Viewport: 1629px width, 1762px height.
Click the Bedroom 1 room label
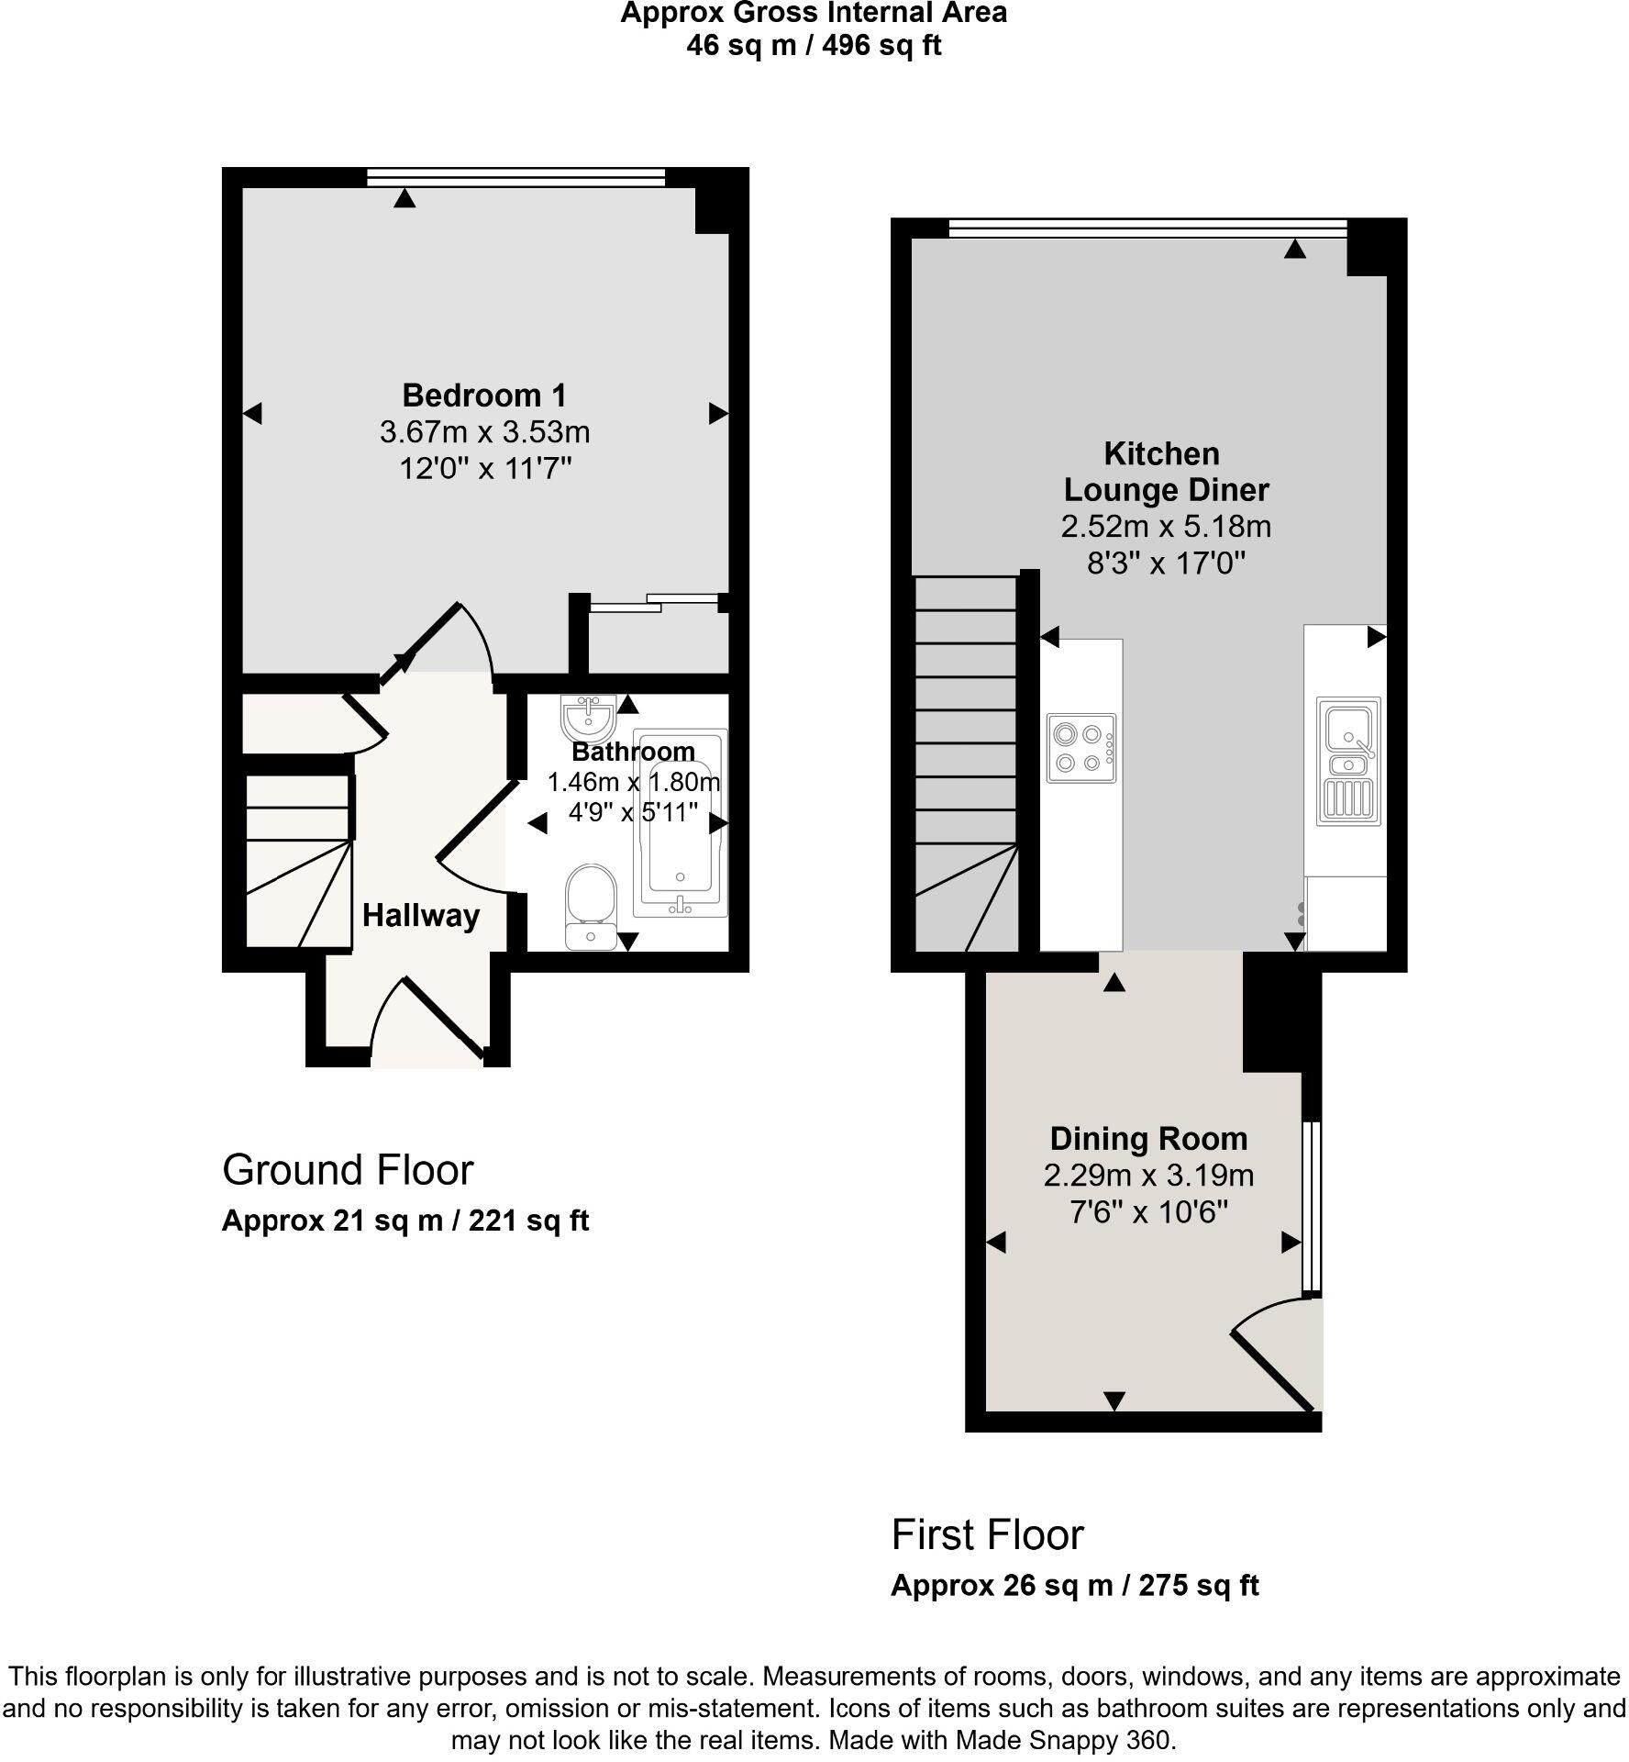484,396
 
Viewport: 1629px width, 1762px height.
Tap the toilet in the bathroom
591,904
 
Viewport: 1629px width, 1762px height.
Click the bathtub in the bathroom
680,823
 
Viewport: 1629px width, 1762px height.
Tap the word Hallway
421,916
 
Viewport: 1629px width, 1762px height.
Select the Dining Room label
1148,1139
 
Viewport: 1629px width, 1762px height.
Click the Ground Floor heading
348,1170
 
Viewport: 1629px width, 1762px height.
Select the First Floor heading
987,1534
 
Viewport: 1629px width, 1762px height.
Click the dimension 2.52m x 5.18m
1165,527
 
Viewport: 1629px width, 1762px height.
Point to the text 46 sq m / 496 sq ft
814,46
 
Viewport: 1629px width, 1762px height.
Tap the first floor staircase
967,762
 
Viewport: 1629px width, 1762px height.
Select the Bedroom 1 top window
515,177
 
